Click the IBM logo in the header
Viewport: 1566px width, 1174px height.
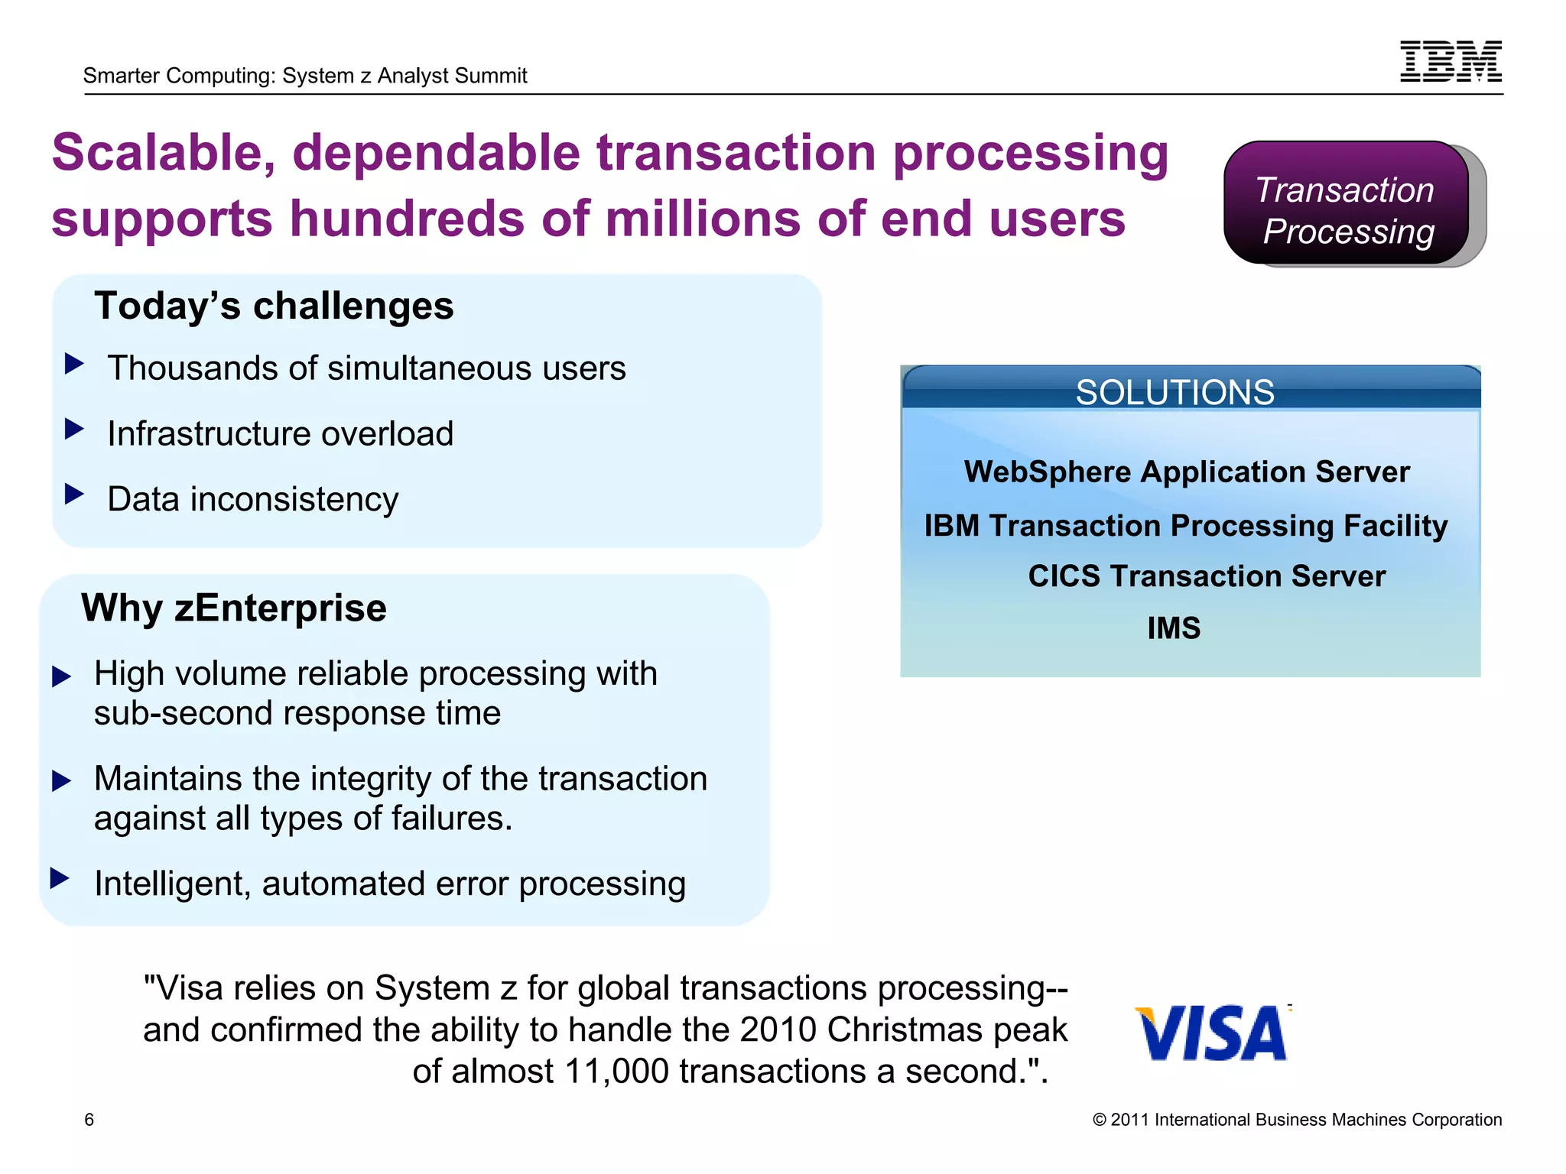point(1451,61)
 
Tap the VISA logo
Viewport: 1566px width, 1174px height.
point(1212,1033)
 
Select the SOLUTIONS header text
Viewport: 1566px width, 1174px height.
point(1174,392)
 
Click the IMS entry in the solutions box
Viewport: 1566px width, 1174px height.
point(1174,628)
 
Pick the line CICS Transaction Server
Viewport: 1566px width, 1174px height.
point(1206,576)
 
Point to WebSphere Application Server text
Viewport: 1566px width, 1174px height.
point(1187,472)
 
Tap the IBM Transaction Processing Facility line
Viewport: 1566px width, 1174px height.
point(1185,526)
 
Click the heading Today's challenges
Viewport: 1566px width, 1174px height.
point(274,306)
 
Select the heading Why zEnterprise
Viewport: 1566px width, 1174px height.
point(234,608)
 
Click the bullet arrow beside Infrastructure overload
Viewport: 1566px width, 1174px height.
point(74,429)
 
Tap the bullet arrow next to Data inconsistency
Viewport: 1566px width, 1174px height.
point(74,494)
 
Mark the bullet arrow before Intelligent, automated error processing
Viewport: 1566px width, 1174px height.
point(60,878)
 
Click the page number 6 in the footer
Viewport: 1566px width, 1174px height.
point(89,1120)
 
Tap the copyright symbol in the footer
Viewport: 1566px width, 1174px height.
point(1100,1120)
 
